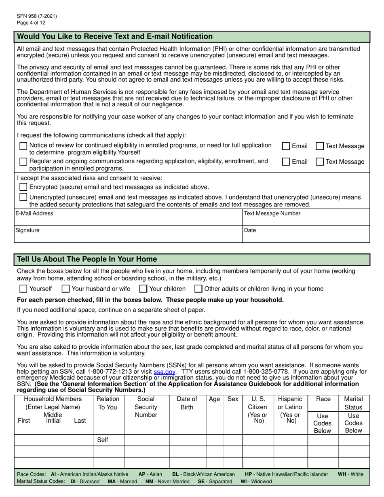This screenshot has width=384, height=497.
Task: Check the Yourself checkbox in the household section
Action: (23, 289)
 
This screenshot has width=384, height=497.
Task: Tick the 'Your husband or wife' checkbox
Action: (65, 289)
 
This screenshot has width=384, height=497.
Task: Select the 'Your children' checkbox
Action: (143, 289)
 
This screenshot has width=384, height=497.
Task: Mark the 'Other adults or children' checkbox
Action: (198, 289)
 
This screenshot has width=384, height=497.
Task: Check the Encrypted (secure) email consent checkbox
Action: (23, 187)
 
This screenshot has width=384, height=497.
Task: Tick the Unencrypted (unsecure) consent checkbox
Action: (23, 197)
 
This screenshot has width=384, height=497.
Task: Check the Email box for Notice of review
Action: (286, 146)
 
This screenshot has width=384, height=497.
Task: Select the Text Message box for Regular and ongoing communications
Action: (320, 162)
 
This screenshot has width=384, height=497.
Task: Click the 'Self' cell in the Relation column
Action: (103, 440)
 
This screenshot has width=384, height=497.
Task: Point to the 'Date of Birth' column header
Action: (187, 403)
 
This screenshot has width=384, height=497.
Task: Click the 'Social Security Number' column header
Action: (146, 407)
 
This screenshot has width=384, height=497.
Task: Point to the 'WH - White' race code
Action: (350, 474)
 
